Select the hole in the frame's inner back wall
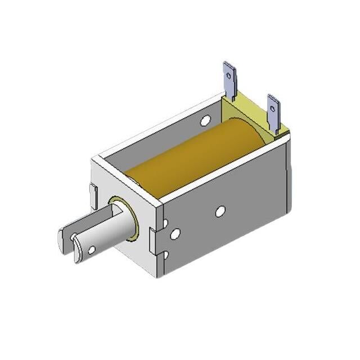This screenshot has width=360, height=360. click(205, 119)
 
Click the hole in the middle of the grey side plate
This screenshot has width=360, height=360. click(220, 211)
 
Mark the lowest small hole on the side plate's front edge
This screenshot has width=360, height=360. click(165, 256)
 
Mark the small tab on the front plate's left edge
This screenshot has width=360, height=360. click(93, 194)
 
